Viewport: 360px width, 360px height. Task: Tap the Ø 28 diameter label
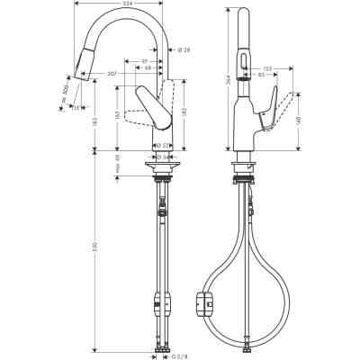point(183,49)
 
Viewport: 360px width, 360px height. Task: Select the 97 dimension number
point(145,61)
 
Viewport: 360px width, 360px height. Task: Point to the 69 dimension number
point(148,70)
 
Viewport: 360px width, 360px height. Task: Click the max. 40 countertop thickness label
point(120,166)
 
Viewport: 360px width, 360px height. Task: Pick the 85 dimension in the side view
point(261,76)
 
